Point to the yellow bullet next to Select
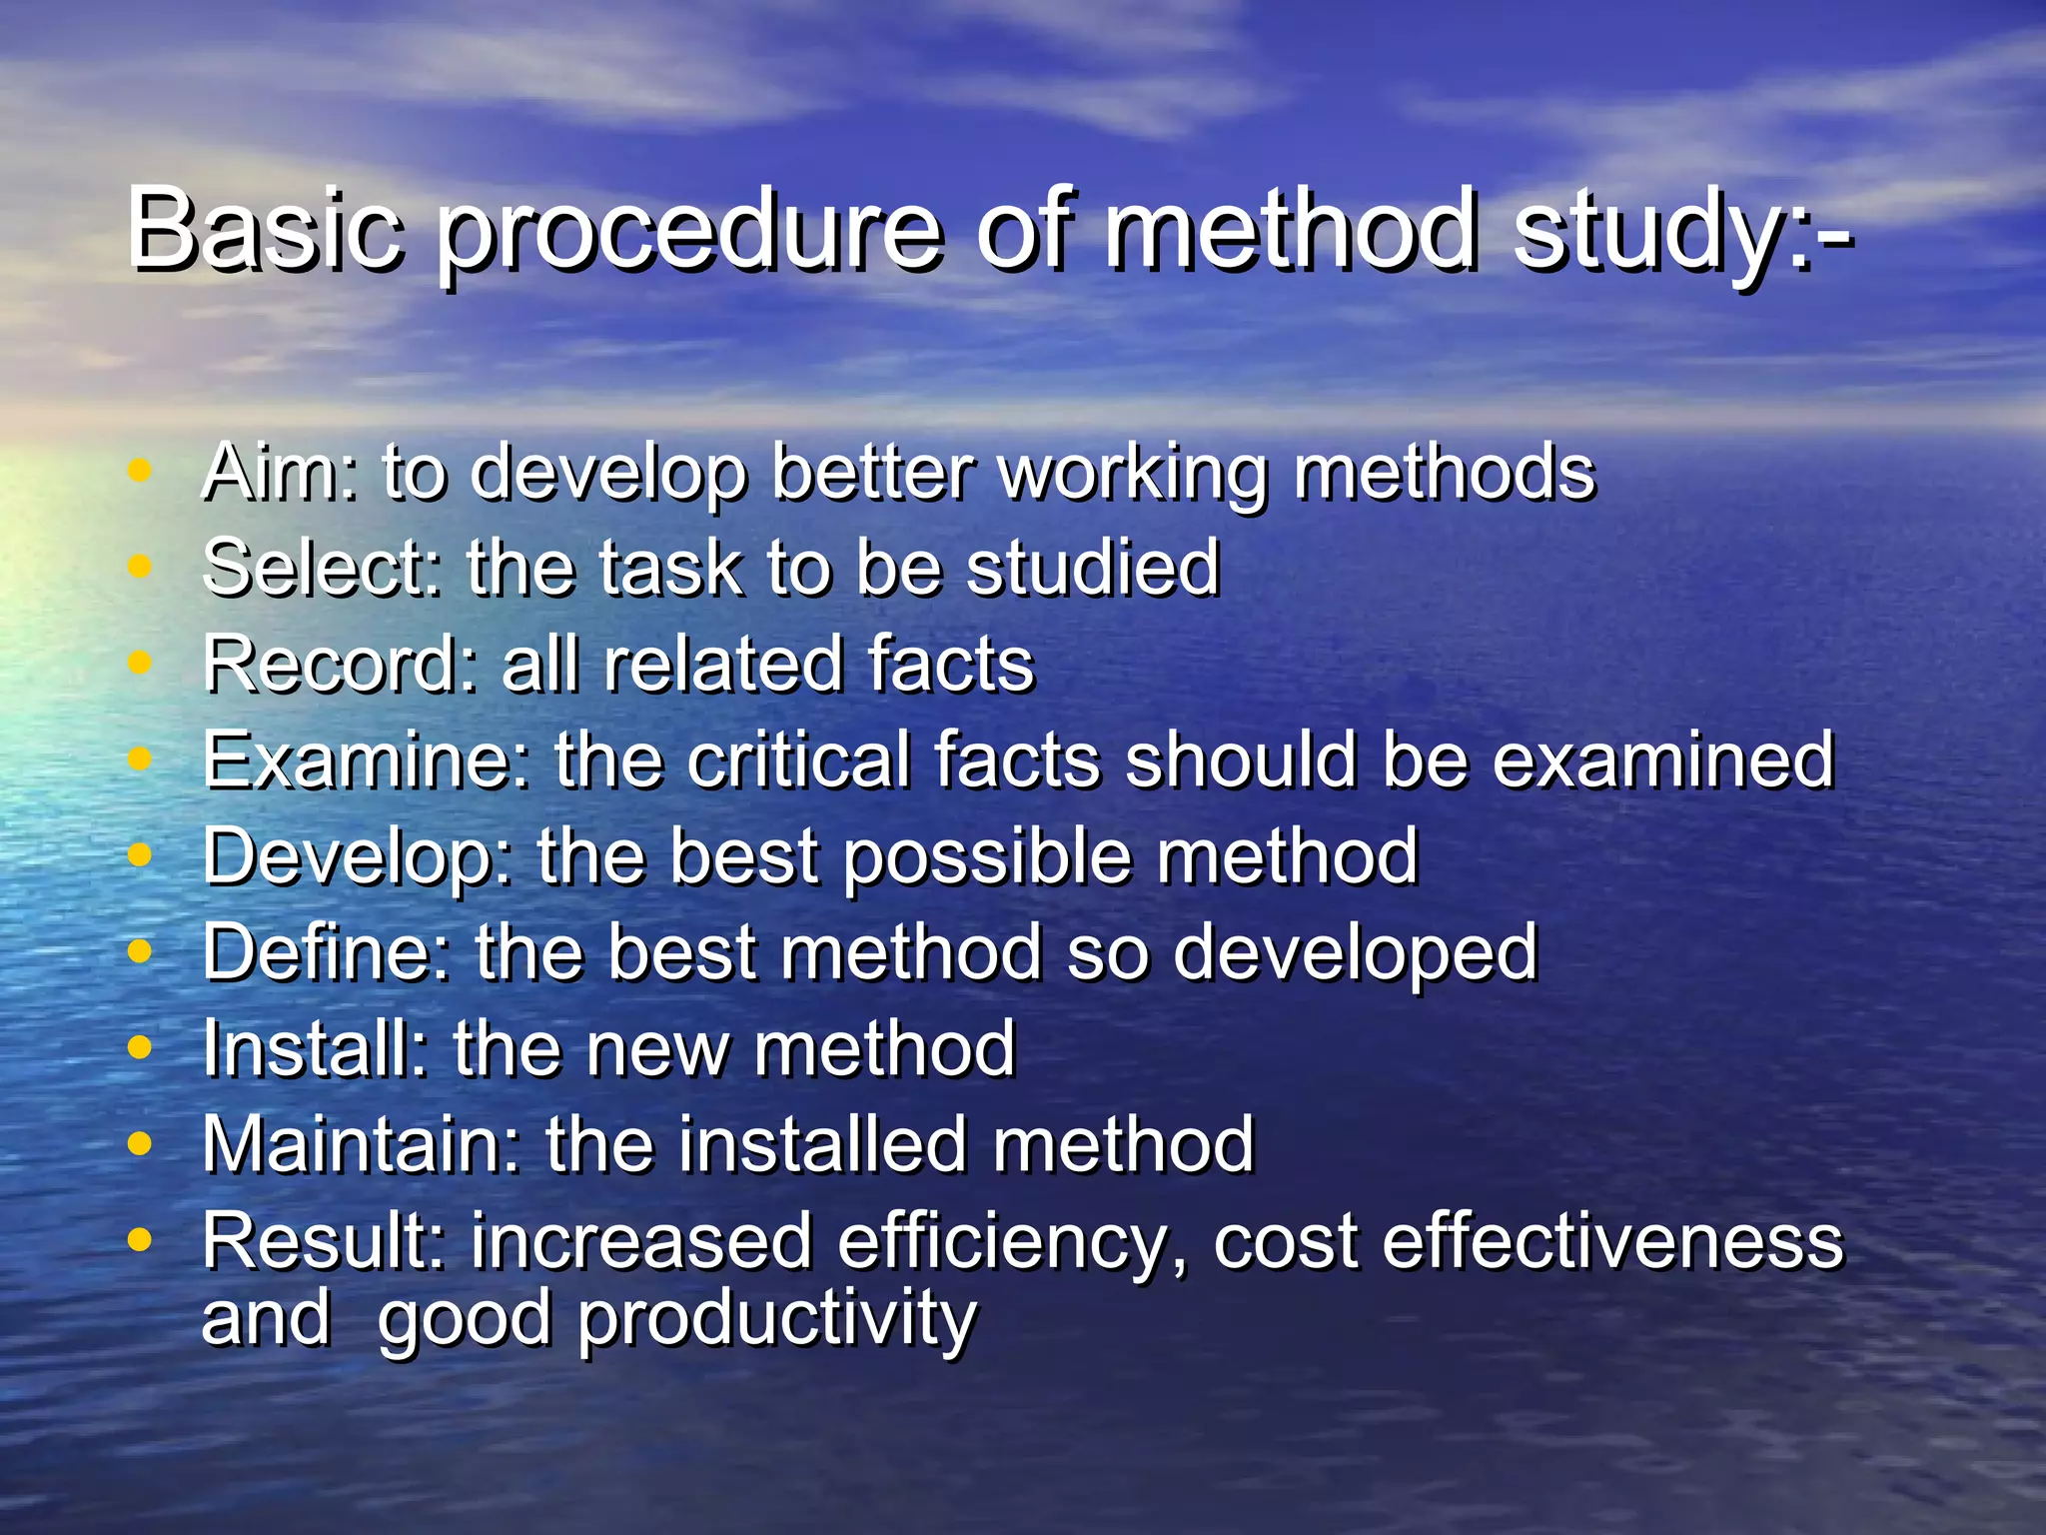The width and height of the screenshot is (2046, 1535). point(140,566)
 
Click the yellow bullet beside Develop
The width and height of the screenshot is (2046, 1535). point(140,854)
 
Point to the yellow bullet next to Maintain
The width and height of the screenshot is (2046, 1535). point(140,1142)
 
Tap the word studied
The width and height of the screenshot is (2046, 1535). point(1093,568)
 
